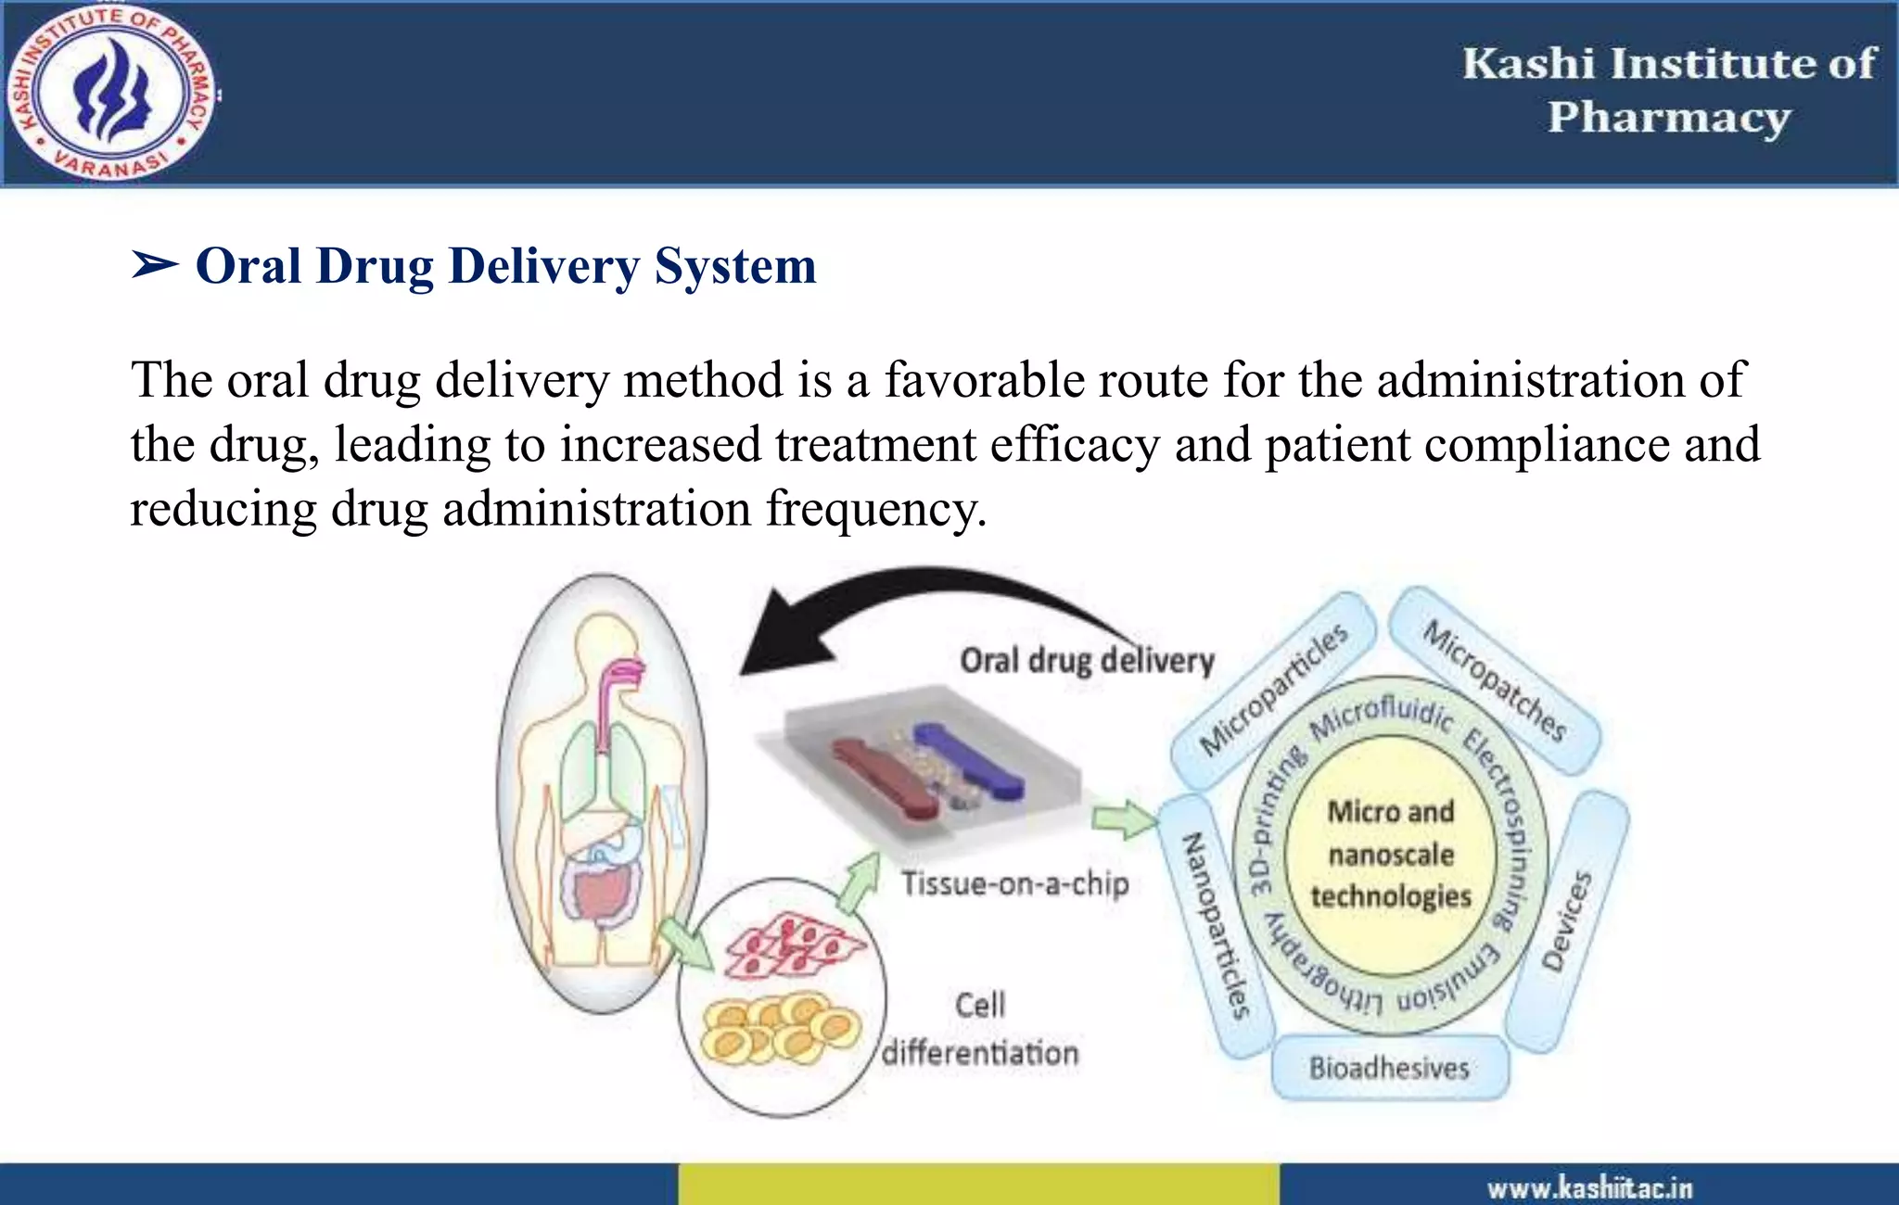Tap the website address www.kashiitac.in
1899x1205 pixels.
(x=1589, y=1187)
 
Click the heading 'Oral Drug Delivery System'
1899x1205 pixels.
(x=505, y=266)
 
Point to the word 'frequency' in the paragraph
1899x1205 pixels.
(x=875, y=509)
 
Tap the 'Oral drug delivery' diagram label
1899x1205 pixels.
(x=1087, y=660)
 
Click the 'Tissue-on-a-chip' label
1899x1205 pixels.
(x=1015, y=882)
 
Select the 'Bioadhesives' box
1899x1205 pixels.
(x=1389, y=1068)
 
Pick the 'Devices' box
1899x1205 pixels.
(x=1566, y=921)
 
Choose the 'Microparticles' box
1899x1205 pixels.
(x=1272, y=690)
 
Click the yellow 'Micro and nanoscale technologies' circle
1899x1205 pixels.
(x=1390, y=854)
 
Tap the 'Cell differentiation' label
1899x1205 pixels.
(x=980, y=1029)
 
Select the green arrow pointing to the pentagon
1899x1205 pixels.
(x=1123, y=819)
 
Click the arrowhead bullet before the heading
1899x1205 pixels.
(x=154, y=266)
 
